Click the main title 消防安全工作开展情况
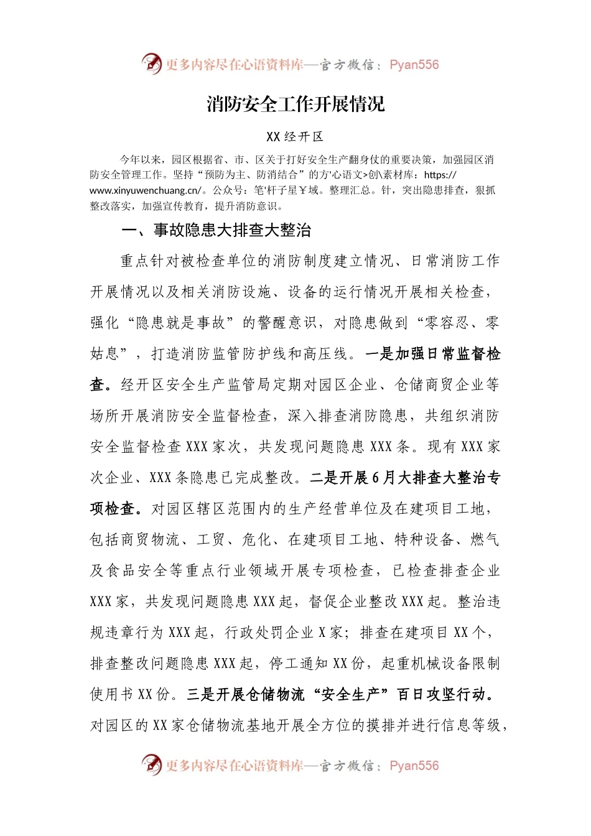(x=295, y=104)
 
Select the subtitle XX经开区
(x=295, y=137)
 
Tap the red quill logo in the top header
(x=151, y=63)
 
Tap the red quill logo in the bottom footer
(x=151, y=764)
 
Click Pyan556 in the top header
(x=414, y=65)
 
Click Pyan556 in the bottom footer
(x=414, y=766)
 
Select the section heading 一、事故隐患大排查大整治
(x=216, y=231)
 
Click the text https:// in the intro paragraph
(x=440, y=175)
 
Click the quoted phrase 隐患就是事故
(x=180, y=323)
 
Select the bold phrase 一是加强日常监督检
(x=433, y=354)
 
